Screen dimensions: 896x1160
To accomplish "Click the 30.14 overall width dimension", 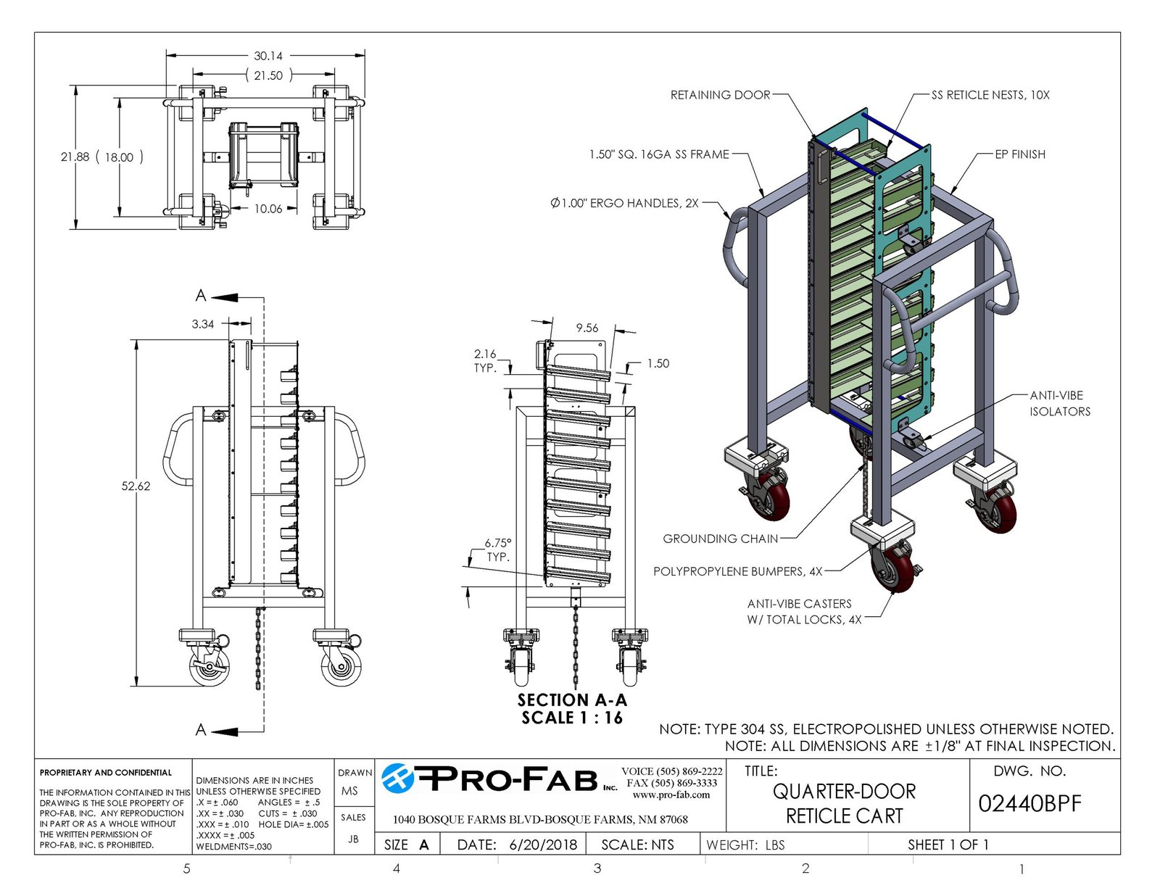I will pyautogui.click(x=268, y=56).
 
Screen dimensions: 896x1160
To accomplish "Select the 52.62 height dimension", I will pyautogui.click(x=136, y=486).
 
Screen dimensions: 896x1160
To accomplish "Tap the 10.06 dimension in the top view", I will pyautogui.click(x=268, y=209).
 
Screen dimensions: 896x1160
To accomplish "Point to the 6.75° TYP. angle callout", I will pyautogui.click(x=497, y=549).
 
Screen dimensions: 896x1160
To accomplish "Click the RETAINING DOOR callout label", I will pyautogui.click(x=720, y=95).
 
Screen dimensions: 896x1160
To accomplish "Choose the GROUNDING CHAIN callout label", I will pyautogui.click(x=720, y=539).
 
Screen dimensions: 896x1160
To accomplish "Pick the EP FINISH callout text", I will pyautogui.click(x=1019, y=154).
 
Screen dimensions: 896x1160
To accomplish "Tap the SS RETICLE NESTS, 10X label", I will pyautogui.click(x=990, y=95).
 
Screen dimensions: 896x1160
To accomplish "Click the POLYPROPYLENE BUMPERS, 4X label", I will pyautogui.click(x=737, y=571).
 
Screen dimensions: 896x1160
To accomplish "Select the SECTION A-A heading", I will pyautogui.click(x=572, y=700).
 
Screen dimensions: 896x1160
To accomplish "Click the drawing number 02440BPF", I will pyautogui.click(x=1029, y=804).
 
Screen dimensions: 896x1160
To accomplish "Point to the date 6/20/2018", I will pyautogui.click(x=543, y=845).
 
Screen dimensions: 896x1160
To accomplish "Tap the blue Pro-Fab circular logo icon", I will pyautogui.click(x=398, y=779).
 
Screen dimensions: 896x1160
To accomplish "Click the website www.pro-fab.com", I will pyautogui.click(x=671, y=795).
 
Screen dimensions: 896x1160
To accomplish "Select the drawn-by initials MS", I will pyautogui.click(x=349, y=791).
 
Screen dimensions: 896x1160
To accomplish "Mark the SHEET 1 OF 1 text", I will pyautogui.click(x=948, y=845).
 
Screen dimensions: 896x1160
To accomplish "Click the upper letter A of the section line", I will pyautogui.click(x=201, y=296).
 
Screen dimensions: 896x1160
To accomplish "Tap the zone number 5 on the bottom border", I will pyautogui.click(x=186, y=868).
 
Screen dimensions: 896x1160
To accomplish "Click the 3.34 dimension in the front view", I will pyautogui.click(x=203, y=324).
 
